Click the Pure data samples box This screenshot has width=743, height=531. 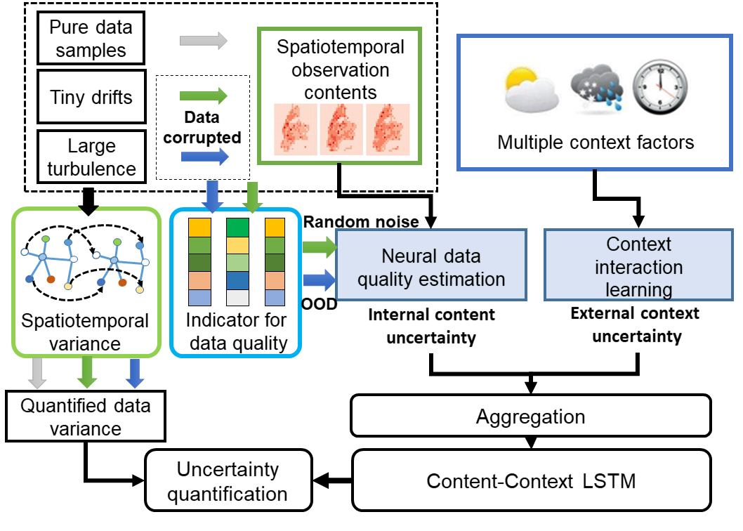coord(91,39)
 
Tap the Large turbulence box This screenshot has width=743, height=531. coord(91,157)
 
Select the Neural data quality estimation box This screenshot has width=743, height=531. coord(431,268)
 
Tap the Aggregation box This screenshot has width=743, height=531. coord(530,417)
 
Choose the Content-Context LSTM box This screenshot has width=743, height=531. coord(530,481)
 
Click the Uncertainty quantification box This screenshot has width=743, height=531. coord(228,481)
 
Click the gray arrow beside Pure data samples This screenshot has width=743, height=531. coord(204,41)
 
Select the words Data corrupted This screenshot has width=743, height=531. coord(203,127)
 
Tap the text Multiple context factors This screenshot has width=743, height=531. coord(596,143)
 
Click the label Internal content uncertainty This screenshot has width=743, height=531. coord(431,325)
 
